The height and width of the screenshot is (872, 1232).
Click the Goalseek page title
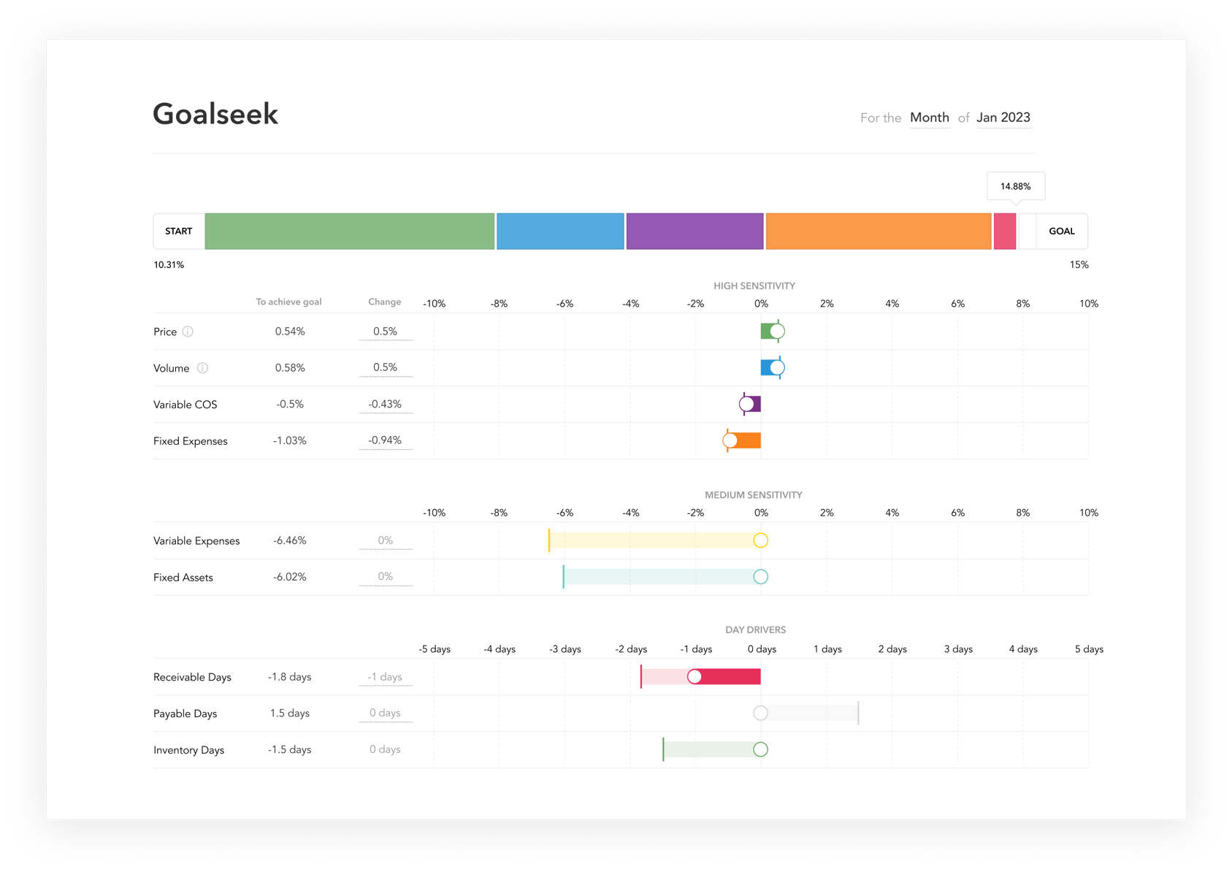click(x=215, y=114)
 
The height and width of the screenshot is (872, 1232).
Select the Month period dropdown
click(x=930, y=117)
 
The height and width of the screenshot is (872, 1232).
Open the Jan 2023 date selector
click(x=1003, y=117)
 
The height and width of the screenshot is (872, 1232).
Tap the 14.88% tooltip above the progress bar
click(x=1015, y=186)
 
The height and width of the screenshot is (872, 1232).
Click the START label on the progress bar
click(x=179, y=231)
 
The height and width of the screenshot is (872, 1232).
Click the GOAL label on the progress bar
click(x=1062, y=231)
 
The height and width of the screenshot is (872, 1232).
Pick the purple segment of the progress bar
click(x=695, y=231)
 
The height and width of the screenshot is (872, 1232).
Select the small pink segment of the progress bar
click(x=1005, y=231)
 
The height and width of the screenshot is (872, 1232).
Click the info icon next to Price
click(x=188, y=331)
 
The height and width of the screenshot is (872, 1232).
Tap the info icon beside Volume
click(x=202, y=368)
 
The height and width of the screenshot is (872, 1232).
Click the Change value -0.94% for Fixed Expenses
click(x=385, y=440)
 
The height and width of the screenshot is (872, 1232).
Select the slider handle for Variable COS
click(x=746, y=405)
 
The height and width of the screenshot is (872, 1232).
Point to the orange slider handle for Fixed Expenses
click(x=730, y=440)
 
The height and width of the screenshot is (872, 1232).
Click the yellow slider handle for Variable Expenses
click(x=761, y=540)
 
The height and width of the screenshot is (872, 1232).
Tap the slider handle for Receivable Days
click(x=695, y=677)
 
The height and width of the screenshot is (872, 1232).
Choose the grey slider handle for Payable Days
click(x=761, y=713)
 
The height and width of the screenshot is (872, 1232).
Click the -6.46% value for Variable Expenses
click(x=290, y=540)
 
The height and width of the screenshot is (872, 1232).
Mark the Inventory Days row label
click(x=188, y=750)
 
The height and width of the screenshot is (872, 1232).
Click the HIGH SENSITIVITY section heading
click(x=754, y=286)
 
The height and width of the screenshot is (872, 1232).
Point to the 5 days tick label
click(x=1089, y=649)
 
